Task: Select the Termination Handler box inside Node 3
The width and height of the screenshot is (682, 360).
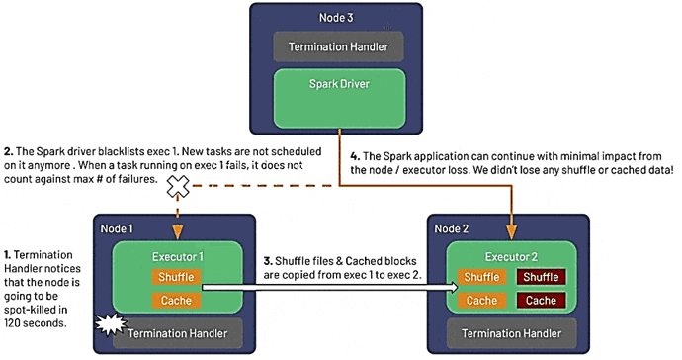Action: (340, 47)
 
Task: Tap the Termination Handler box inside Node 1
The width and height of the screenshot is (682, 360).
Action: (178, 334)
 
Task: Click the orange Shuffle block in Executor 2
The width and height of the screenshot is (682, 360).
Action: (481, 278)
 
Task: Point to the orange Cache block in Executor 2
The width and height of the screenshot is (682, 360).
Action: (481, 300)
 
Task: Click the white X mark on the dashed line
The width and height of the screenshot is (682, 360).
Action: (179, 186)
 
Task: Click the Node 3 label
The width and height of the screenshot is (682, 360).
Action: (340, 17)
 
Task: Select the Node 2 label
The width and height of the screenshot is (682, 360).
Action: (454, 228)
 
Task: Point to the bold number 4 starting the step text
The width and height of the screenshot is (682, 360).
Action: (355, 154)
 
